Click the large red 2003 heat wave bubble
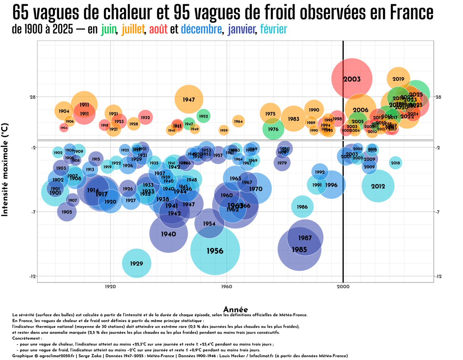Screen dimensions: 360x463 (x=352, y=79)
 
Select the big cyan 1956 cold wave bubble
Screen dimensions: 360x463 (x=215, y=251)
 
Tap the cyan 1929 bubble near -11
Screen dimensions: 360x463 (x=136, y=264)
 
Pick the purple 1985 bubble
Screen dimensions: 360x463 (x=299, y=250)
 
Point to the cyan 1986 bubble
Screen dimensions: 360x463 (x=302, y=207)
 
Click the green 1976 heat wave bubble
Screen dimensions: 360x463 (x=273, y=129)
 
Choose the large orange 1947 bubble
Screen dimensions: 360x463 (x=189, y=100)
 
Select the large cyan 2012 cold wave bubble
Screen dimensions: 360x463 (x=378, y=186)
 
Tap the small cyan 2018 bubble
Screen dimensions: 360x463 (x=395, y=163)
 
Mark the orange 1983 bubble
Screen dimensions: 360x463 (x=293, y=119)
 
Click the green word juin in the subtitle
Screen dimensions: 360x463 (x=109, y=29)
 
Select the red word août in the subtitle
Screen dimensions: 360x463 (x=158, y=29)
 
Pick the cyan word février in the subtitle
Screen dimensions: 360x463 (x=273, y=29)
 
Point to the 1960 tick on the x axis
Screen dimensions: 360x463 (x=227, y=287)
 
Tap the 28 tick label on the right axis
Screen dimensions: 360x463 (x=438, y=96)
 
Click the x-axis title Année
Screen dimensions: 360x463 (x=236, y=309)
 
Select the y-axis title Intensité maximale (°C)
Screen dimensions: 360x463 (x=5, y=170)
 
